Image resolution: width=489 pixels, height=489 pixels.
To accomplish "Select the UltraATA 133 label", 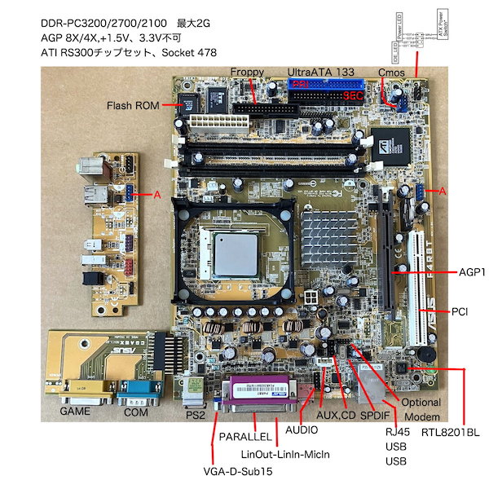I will pos(322,72).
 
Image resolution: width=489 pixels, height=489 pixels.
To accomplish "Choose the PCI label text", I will pos(460,312).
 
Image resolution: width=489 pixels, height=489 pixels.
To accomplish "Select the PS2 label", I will pos(196,415).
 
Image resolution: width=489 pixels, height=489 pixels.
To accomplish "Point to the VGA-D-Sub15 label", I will pos(237,471).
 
